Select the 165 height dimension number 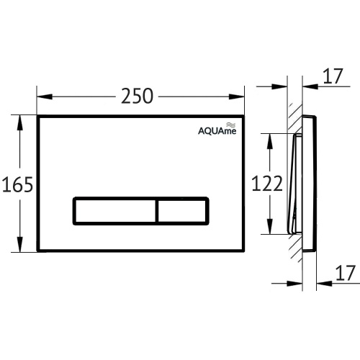coord(17,185)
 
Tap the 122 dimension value coord(266,184)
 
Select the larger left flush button coord(114,211)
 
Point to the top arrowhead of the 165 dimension coord(19,117)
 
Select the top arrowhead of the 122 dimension coord(270,136)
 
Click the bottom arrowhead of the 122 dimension coord(270,231)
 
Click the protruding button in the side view coord(295,184)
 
